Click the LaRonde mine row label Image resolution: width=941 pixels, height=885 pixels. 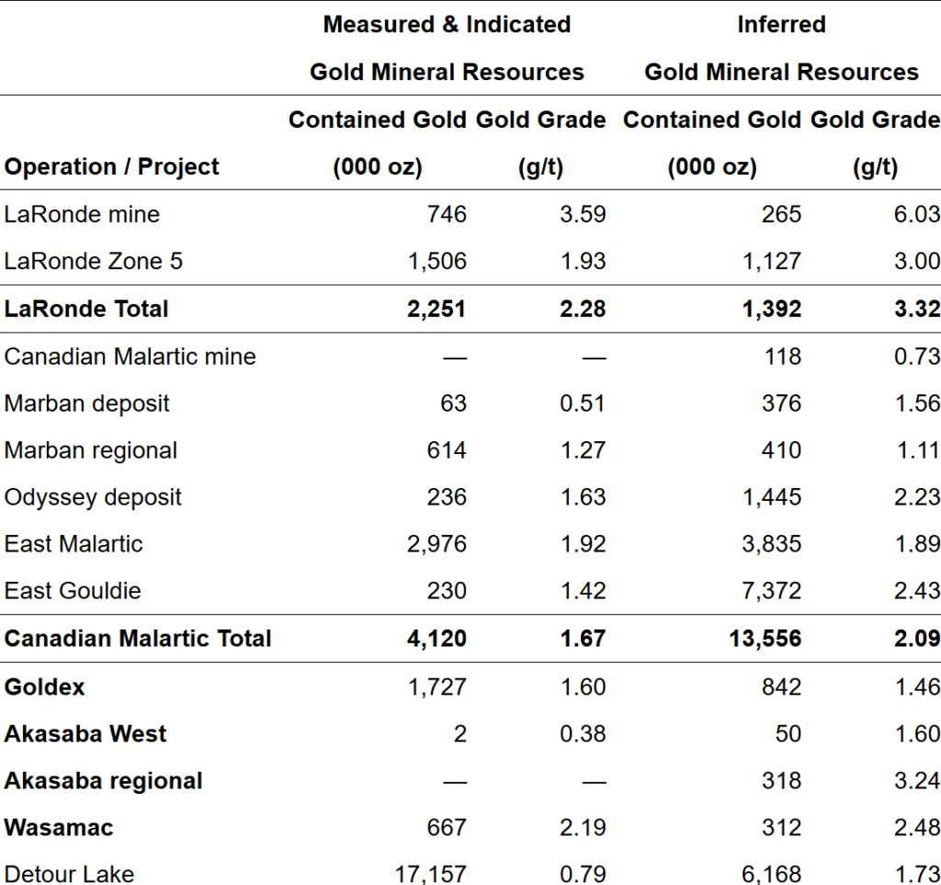pos(82,214)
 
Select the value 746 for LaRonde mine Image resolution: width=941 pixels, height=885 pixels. pos(447,214)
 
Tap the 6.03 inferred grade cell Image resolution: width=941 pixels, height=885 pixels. pos(917,214)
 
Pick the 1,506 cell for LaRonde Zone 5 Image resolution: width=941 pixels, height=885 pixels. pos(436,261)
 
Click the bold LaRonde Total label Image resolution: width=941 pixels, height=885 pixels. pos(86,309)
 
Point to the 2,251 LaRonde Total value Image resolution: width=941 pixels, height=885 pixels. pos(436,309)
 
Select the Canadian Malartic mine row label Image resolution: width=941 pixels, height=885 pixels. pos(130,357)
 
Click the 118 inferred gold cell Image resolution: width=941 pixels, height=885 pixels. pos(782,357)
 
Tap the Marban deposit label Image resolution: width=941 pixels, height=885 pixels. pos(86,403)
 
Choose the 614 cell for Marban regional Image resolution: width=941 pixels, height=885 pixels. pos(447,450)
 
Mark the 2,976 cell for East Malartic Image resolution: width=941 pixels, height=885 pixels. pos(436,544)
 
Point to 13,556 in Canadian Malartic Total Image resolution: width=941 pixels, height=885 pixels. pos(765,639)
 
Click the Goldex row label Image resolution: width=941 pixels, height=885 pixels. pos(44,686)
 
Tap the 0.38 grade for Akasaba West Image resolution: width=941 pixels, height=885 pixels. pos(584,733)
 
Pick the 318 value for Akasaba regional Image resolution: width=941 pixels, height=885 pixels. pos(782,780)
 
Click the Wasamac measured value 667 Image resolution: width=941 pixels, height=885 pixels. pos(447,827)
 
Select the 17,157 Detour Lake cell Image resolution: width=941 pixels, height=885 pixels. pos(431,874)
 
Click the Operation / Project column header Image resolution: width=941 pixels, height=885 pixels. pos(111,166)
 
